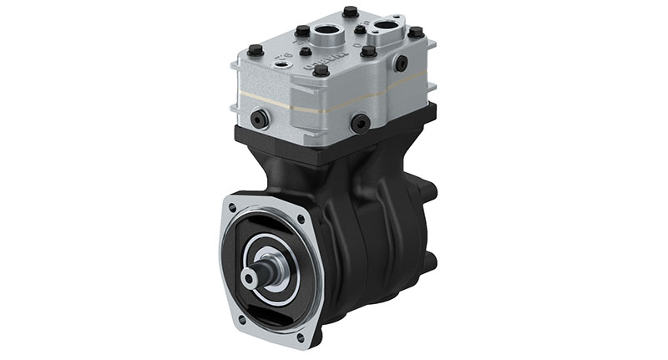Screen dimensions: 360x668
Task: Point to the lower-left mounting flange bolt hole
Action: (241, 318)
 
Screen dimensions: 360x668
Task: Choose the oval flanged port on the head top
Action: (386, 32)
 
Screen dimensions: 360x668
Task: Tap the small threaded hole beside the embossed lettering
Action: (306, 52)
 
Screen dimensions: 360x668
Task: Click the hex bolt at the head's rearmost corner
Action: (351, 12)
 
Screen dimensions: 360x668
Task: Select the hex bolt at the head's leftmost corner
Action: (256, 50)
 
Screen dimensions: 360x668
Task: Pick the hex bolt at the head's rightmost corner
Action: (415, 33)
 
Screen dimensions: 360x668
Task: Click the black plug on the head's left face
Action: (257, 119)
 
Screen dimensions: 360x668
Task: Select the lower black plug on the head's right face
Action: (361, 124)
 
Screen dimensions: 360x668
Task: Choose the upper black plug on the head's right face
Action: (401, 63)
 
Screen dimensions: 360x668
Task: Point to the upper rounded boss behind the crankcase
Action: (429, 191)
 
